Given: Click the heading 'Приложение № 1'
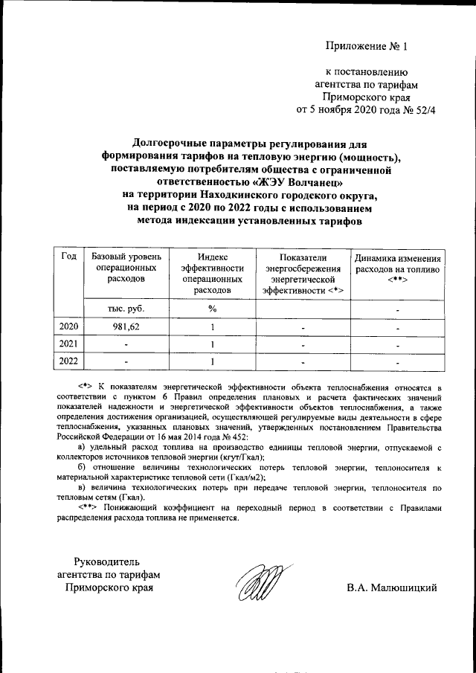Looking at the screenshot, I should pyautogui.click(x=367, y=48).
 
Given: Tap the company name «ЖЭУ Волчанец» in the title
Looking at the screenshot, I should pyautogui.click(x=298, y=181).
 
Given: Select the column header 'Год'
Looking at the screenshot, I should pyautogui.click(x=69, y=257).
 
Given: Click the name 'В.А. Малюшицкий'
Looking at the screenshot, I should pyautogui.click(x=391, y=588).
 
